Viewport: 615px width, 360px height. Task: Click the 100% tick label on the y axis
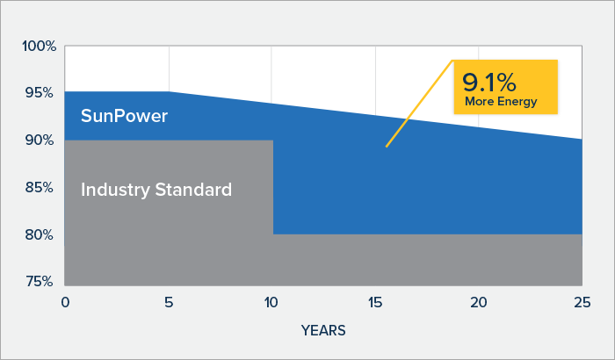coord(40,47)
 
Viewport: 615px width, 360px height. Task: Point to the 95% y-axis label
coord(40,93)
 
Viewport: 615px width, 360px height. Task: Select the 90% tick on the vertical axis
coord(40,140)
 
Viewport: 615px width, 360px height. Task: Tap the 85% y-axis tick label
coord(40,187)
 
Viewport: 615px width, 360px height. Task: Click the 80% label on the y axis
coord(40,235)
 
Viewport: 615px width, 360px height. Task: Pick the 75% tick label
coord(40,282)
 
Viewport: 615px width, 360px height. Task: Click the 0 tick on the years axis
coord(65,302)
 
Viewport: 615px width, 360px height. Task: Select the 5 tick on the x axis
coord(169,302)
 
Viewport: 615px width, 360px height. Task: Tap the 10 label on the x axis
coord(271,302)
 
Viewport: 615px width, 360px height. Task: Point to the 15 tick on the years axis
coord(375,302)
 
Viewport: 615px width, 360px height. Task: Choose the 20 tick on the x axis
coord(479,302)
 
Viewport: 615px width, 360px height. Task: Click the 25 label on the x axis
coord(582,302)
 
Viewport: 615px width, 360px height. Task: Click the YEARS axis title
coord(323,331)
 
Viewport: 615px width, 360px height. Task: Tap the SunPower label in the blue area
coord(125,116)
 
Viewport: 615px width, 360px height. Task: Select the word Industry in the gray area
coord(115,191)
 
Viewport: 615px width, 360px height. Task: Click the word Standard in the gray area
coord(193,190)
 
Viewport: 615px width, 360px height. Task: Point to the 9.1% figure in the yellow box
coord(489,83)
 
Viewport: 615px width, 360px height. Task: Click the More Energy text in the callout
coord(501,102)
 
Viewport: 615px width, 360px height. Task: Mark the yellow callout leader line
coord(419,104)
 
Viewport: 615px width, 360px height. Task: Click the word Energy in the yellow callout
coord(517,102)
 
